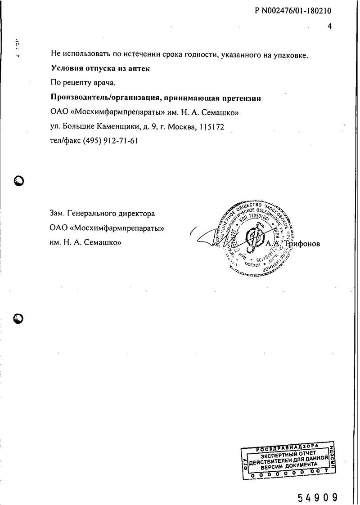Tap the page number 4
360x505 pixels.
329,26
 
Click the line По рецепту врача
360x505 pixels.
83,83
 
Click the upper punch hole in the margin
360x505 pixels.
18,181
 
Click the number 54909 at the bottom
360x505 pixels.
317,497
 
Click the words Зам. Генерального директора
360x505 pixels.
103,213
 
